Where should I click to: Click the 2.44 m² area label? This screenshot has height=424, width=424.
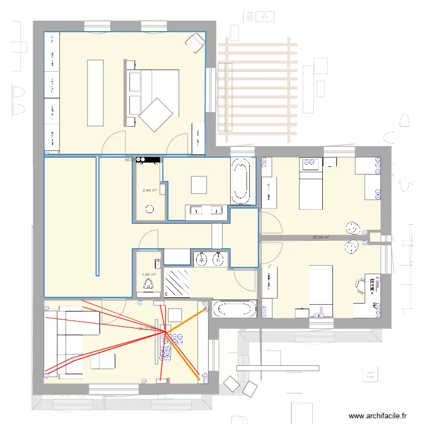click(x=150, y=191)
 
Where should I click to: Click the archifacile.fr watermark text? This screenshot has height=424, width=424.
click(x=378, y=416)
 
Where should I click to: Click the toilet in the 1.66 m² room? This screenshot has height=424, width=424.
click(x=149, y=284)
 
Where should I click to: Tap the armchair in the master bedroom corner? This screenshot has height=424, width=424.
click(x=196, y=42)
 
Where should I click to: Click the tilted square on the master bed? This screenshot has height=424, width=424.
click(x=156, y=115)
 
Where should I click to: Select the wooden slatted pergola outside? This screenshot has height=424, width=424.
click(x=257, y=90)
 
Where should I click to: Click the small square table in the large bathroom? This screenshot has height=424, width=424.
click(x=199, y=185)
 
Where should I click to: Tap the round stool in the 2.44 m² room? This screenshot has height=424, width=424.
click(x=150, y=210)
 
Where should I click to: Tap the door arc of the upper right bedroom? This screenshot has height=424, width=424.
click(x=272, y=223)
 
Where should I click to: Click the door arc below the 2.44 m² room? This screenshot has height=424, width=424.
click(x=149, y=240)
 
